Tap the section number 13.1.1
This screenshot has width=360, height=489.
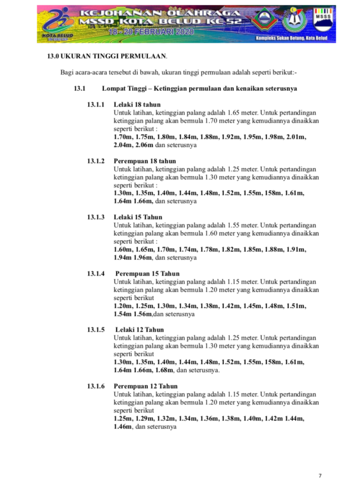pyautogui.click(x=96, y=105)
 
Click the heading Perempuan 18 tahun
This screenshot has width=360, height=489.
pyautogui.click(x=144, y=161)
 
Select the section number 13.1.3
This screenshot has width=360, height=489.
pyautogui.click(x=96, y=217)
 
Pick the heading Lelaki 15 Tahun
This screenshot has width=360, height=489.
pyautogui.click(x=138, y=217)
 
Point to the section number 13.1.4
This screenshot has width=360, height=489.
pyautogui.click(x=96, y=273)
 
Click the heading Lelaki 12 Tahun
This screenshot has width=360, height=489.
pyautogui.click(x=140, y=330)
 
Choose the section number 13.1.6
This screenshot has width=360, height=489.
pyautogui.click(x=96, y=386)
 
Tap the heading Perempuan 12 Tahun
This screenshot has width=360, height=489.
pyautogui.click(x=145, y=386)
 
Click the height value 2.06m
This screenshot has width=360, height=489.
pyautogui.click(x=144, y=145)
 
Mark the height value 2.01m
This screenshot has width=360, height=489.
pyautogui.click(x=296, y=137)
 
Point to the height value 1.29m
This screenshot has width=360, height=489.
pyautogui.click(x=144, y=418)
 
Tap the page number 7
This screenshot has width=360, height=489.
pyautogui.click(x=320, y=475)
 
